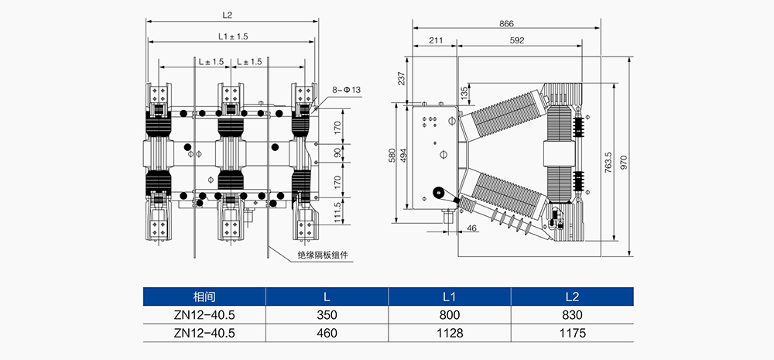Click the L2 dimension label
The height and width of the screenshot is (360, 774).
tap(228, 15)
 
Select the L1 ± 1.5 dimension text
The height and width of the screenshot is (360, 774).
tap(231, 36)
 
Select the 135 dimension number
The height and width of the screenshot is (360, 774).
tap(464, 92)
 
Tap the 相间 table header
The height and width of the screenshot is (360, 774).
tap(204, 297)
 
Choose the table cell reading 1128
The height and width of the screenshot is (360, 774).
tap(450, 333)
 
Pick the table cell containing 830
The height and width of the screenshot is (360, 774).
tap(573, 315)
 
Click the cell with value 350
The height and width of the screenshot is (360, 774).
tap(327, 315)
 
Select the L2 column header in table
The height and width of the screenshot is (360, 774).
tap(573, 297)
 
